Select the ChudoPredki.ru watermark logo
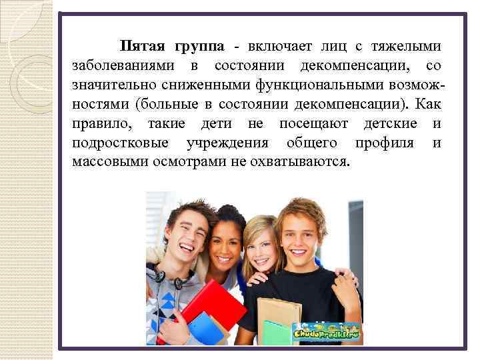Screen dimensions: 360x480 click(326, 331)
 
